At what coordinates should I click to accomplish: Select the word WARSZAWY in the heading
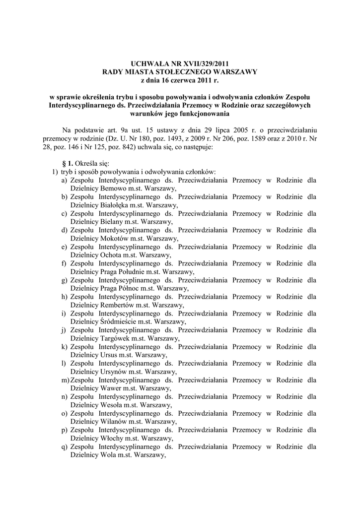click(x=233, y=72)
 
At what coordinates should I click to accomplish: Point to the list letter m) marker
click(x=65, y=380)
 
